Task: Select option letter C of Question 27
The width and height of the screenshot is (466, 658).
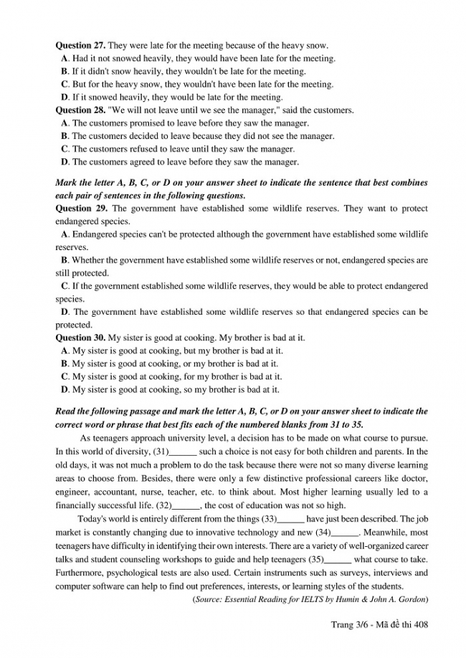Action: tap(65, 85)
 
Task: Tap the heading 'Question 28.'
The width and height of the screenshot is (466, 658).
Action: tap(80, 110)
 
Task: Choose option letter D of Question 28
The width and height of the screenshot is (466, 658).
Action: tap(65, 162)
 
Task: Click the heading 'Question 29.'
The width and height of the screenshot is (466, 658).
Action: tap(80, 209)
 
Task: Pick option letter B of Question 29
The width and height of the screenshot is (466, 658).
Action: tap(65, 260)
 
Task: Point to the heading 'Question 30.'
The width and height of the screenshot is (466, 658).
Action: tap(81, 338)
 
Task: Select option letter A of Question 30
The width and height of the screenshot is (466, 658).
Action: tap(65, 351)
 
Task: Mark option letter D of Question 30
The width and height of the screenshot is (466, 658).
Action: tap(65, 389)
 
